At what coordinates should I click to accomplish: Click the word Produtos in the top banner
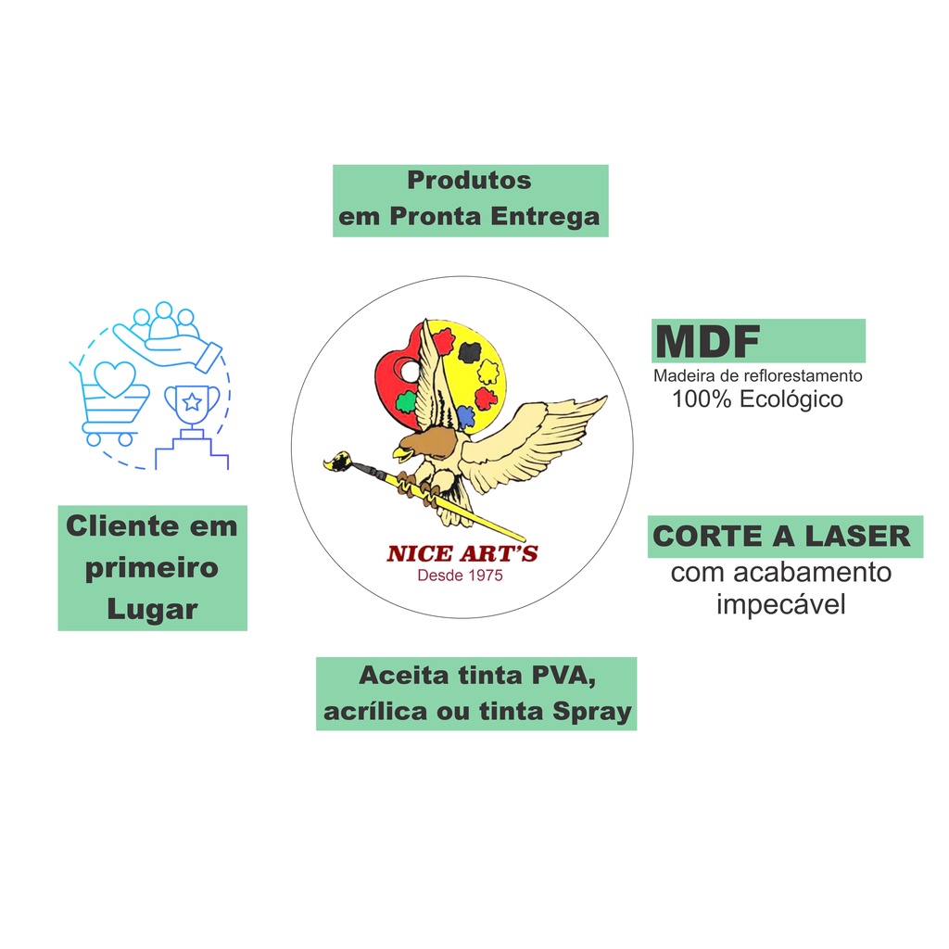[x=469, y=180]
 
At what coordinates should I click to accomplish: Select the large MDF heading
[x=708, y=342]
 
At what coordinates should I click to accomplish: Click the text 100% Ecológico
[x=757, y=399]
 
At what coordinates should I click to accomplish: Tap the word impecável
[x=781, y=605]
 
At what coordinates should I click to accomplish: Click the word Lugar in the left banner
[x=152, y=609]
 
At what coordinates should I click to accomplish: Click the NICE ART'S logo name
[x=462, y=554]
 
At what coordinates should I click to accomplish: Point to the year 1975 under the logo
[x=482, y=576]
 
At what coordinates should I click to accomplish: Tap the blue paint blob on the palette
[x=466, y=416]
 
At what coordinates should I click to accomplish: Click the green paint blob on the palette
[x=404, y=402]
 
